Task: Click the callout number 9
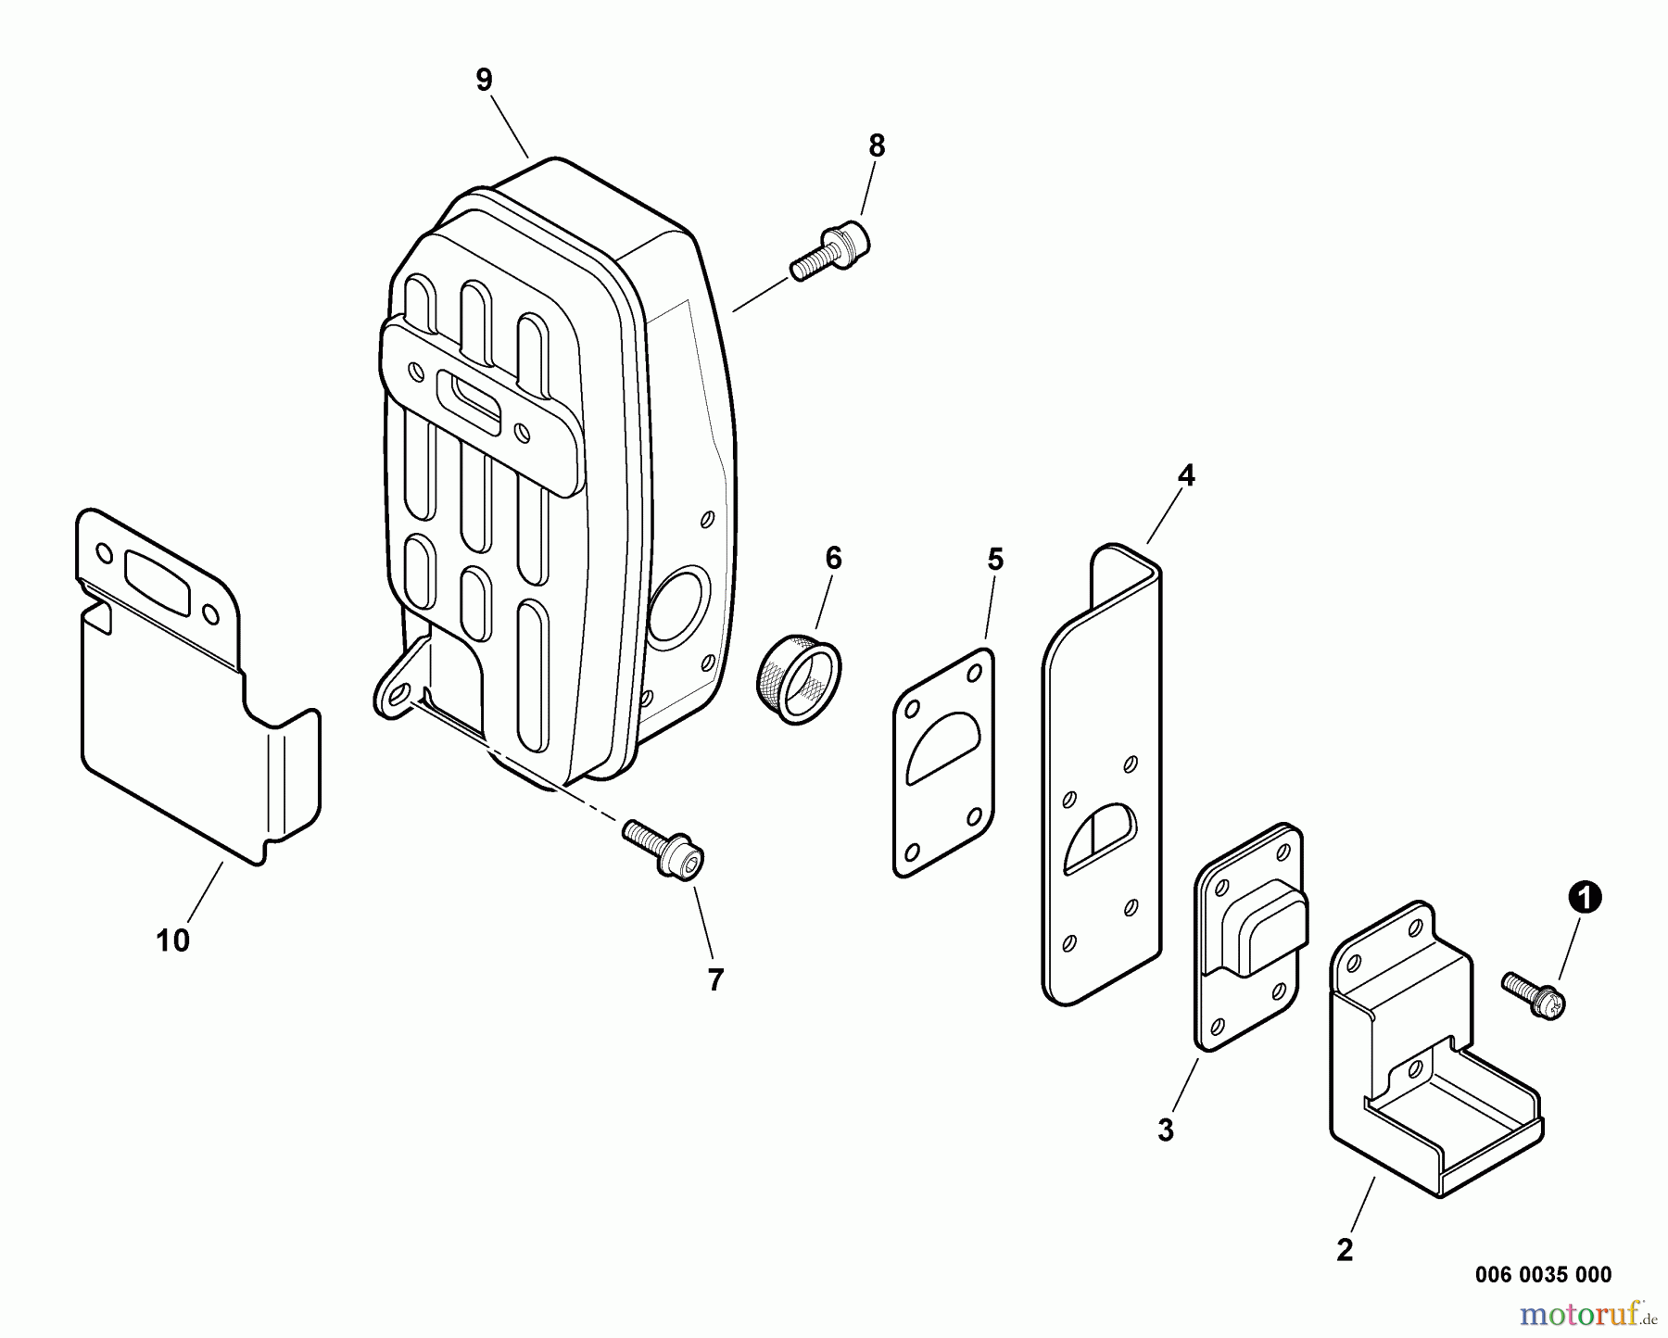click(x=484, y=80)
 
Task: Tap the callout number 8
click(x=877, y=146)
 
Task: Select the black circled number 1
click(x=1585, y=897)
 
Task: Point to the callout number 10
click(x=173, y=940)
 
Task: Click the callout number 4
click(x=1186, y=476)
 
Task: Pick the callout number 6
click(x=833, y=558)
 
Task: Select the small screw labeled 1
click(x=1534, y=995)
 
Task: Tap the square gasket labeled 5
click(x=943, y=762)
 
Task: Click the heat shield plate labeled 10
click(x=199, y=686)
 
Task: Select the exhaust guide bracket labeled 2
click(x=1434, y=1047)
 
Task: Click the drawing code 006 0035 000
click(x=1543, y=1274)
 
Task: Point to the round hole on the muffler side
click(x=679, y=606)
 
